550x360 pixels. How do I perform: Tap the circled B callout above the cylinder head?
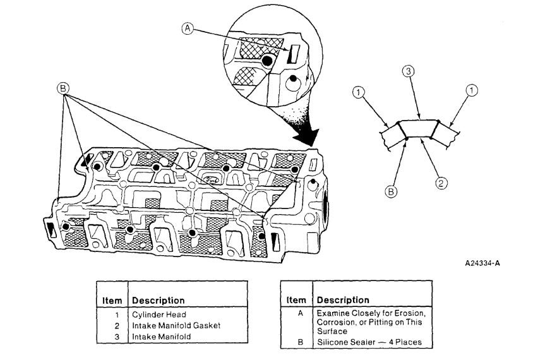coord(63,89)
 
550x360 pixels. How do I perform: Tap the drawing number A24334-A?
coord(485,262)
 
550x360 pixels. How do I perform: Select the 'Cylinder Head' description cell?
coord(158,315)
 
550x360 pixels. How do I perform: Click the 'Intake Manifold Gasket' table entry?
coord(174,326)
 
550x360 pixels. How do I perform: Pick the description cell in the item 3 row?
coord(162,337)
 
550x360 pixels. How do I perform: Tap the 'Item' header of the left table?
coord(111,301)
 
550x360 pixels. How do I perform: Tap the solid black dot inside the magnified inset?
coord(268,61)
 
